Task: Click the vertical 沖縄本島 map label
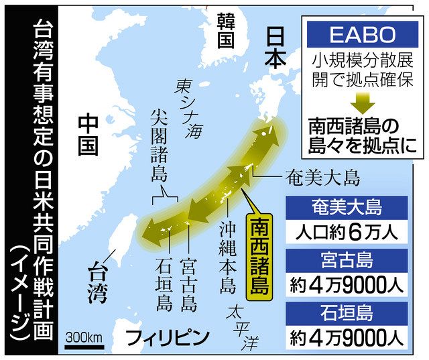click(226, 254)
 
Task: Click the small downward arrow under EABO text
click(362, 103)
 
